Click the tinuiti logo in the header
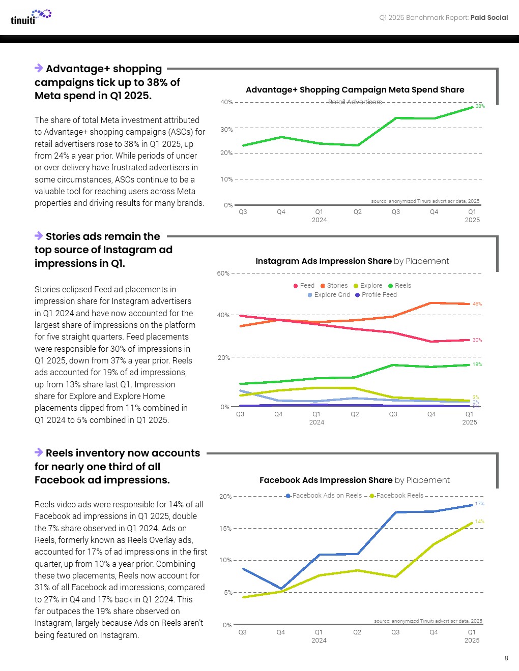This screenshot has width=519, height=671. (31, 17)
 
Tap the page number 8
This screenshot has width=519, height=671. (506, 658)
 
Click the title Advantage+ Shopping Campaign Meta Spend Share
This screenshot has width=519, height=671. (355, 90)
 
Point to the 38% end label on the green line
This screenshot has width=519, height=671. (480, 106)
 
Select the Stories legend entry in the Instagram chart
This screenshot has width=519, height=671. (334, 286)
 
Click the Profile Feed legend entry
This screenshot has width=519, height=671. (376, 295)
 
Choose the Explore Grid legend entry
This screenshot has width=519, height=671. (329, 295)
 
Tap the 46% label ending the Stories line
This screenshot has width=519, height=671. (477, 304)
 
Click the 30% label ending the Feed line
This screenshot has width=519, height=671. (477, 340)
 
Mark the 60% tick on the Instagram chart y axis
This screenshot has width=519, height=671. (223, 273)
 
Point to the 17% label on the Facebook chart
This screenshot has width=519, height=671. (479, 504)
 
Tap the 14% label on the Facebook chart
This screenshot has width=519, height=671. (479, 522)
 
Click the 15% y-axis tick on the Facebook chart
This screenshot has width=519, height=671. (225, 529)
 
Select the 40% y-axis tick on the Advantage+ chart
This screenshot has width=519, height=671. (226, 102)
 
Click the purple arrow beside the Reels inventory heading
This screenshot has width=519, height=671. (39, 452)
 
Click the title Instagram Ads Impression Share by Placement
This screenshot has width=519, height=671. (352, 261)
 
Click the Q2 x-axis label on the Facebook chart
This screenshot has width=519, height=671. (357, 632)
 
